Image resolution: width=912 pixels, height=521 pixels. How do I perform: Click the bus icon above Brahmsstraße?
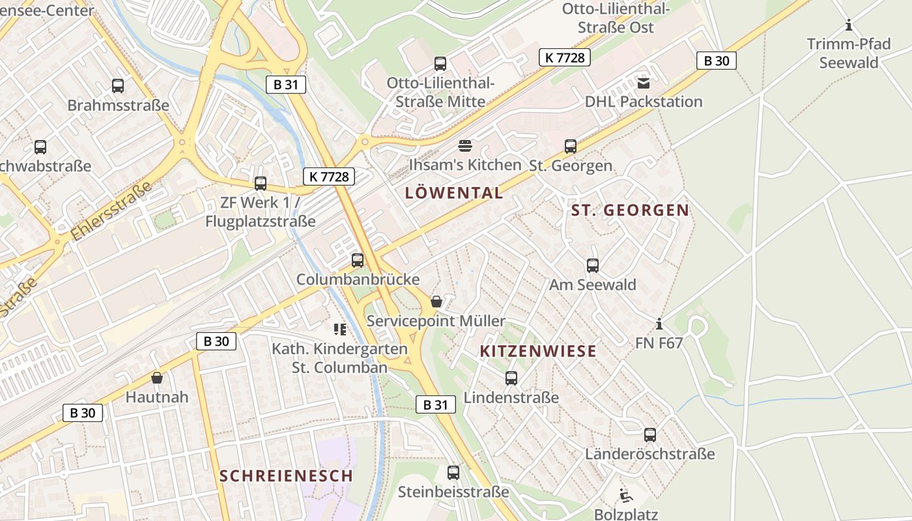[x=118, y=85]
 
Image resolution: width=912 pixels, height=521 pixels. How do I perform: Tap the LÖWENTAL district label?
[x=454, y=193]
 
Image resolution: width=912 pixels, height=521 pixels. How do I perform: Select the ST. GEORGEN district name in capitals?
[x=630, y=210]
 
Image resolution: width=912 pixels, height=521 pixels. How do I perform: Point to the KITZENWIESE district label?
[x=538, y=352]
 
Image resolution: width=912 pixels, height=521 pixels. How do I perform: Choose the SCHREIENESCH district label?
[x=286, y=476]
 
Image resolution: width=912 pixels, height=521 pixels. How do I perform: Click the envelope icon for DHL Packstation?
[x=644, y=83]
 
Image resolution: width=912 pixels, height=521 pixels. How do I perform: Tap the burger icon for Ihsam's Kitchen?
[x=464, y=145]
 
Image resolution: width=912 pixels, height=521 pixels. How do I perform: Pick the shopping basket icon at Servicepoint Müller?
[x=436, y=302]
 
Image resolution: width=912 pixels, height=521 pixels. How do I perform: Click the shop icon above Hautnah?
[x=156, y=378]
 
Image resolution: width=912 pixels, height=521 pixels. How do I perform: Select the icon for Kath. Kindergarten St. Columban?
[x=339, y=330]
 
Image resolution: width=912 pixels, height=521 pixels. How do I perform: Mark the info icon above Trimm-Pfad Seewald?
[x=848, y=25]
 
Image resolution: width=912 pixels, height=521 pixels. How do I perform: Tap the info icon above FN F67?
[x=659, y=324]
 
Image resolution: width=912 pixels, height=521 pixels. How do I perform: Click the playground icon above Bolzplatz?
[x=625, y=496]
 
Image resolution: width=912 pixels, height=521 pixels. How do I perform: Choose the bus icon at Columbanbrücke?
[x=358, y=260]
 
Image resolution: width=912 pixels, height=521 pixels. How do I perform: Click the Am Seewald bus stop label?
[x=592, y=285]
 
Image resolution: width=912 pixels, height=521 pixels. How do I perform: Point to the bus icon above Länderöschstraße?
[x=649, y=435]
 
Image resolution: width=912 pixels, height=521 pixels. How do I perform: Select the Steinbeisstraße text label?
[x=453, y=492]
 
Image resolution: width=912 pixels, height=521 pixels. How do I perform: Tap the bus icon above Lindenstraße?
[x=511, y=378]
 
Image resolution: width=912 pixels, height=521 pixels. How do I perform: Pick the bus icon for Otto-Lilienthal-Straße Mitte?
[x=440, y=64]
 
